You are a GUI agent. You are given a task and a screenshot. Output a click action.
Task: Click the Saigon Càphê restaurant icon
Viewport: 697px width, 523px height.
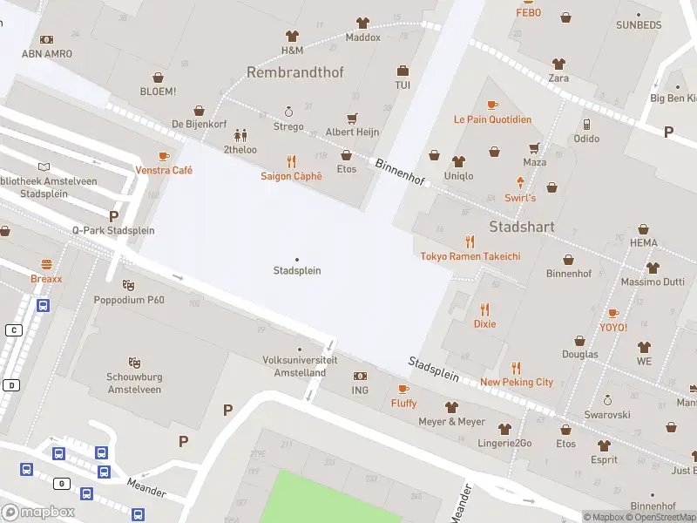291,161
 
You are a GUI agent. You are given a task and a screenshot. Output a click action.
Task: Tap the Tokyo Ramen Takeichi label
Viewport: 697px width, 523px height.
470,256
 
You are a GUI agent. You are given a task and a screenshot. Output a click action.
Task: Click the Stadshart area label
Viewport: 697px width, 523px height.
522,227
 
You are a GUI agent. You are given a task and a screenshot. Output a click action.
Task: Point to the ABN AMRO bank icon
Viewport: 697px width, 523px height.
47,39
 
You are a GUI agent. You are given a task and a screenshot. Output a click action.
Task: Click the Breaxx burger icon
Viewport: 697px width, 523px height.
46,264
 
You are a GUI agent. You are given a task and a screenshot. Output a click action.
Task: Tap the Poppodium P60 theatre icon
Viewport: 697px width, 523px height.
129,285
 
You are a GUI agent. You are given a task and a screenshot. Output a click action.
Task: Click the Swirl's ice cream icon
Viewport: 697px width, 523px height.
521,183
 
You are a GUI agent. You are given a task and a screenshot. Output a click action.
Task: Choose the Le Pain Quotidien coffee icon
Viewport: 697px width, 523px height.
492,105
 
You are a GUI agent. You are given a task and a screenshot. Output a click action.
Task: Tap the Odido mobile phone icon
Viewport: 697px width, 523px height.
586,124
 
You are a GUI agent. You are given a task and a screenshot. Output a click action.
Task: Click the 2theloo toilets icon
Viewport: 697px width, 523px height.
240,135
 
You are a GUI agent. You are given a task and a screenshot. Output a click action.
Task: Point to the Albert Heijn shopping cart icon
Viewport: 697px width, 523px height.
352,118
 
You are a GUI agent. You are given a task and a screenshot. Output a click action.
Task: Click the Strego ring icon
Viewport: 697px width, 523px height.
288,112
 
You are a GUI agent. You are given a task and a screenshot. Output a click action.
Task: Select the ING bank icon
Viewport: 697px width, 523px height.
360,376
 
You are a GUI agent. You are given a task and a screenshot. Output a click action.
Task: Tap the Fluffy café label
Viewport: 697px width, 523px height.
403,404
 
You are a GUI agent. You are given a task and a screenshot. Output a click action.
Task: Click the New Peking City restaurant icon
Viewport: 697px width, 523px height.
516,367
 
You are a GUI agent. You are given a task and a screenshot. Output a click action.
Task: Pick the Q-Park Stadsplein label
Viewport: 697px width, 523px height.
113,230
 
